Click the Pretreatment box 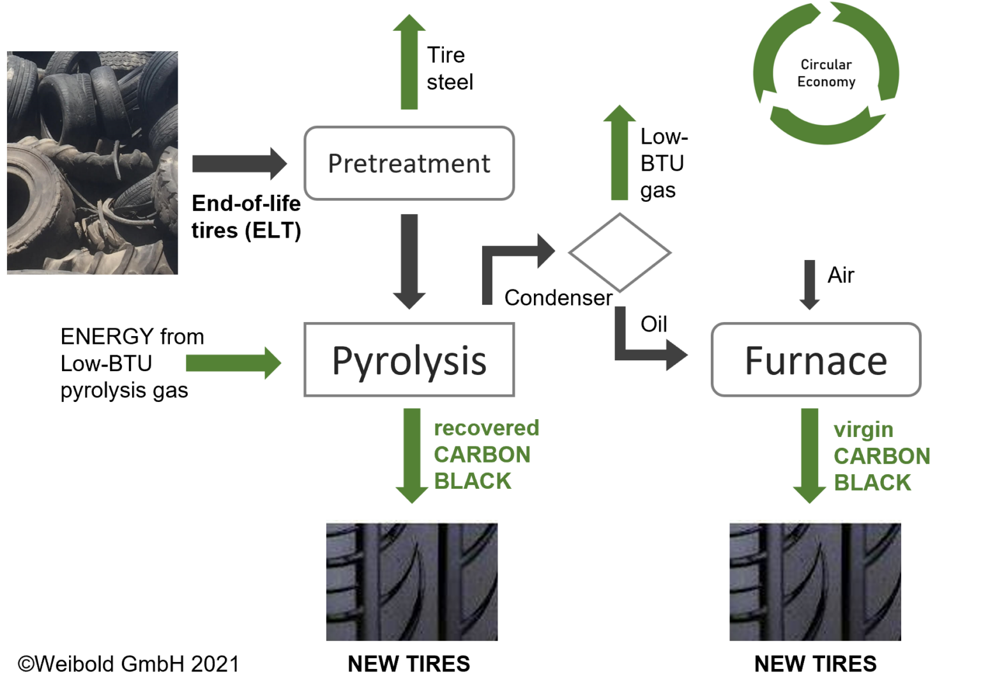click(409, 164)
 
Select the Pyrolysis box click(409, 360)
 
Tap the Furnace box click(816, 360)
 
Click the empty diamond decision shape click(620, 253)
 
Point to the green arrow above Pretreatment click(409, 64)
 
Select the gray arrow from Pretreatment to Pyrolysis click(409, 262)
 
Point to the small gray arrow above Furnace click(809, 285)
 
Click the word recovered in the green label click(486, 428)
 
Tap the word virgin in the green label click(863, 430)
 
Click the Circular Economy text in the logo click(826, 73)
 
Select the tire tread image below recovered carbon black click(411, 580)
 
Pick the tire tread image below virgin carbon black click(815, 580)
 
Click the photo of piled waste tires click(92, 163)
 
